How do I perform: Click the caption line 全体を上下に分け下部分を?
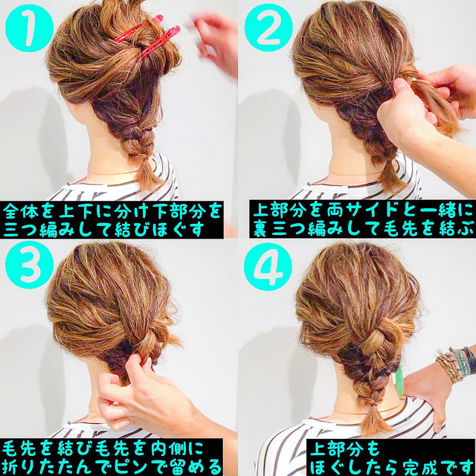click(x=112, y=209)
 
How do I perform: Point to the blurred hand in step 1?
click(x=216, y=37)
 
